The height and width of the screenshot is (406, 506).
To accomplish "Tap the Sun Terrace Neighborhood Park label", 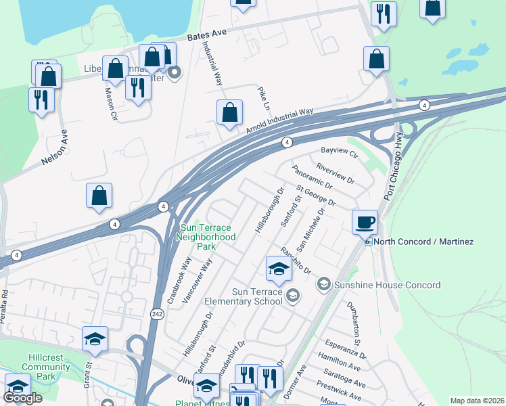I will click(x=206, y=237).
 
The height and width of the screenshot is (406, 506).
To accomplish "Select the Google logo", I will click(x=23, y=399).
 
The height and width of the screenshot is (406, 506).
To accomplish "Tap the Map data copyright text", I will click(x=478, y=401).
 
